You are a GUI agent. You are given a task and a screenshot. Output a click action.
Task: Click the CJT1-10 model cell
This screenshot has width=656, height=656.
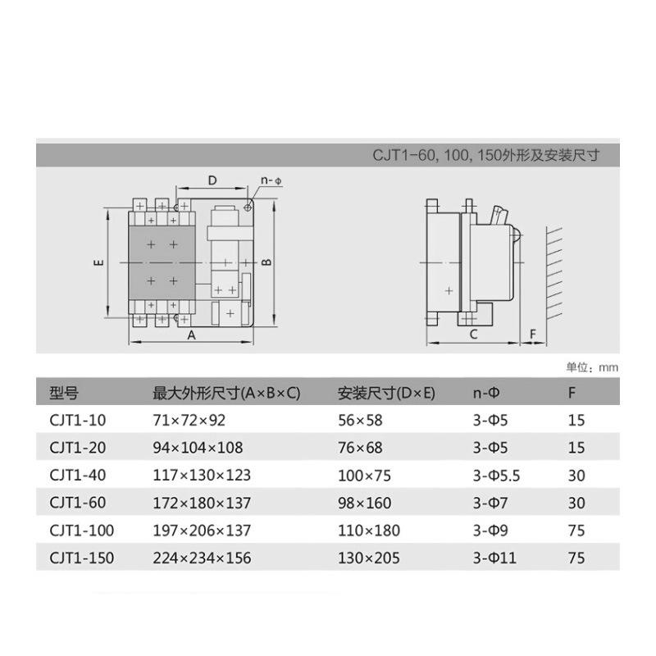(77, 420)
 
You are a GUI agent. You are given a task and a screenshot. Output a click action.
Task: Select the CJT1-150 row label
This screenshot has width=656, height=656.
(81, 558)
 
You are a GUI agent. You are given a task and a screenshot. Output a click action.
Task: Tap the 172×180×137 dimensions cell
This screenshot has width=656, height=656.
(202, 503)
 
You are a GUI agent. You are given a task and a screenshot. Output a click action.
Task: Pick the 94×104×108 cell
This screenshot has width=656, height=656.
(198, 448)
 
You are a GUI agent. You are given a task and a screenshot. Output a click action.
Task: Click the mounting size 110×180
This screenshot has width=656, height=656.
(368, 531)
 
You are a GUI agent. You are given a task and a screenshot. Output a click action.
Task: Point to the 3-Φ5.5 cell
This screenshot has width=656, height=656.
(496, 476)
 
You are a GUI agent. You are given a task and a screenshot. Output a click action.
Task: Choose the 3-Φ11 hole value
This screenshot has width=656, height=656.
(494, 558)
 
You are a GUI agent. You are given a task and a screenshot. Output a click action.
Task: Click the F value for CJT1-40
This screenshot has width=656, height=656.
(576, 476)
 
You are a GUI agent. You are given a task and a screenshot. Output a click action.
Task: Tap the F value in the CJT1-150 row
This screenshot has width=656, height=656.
(576, 558)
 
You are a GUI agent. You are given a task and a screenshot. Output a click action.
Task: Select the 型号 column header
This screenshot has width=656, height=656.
(64, 393)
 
